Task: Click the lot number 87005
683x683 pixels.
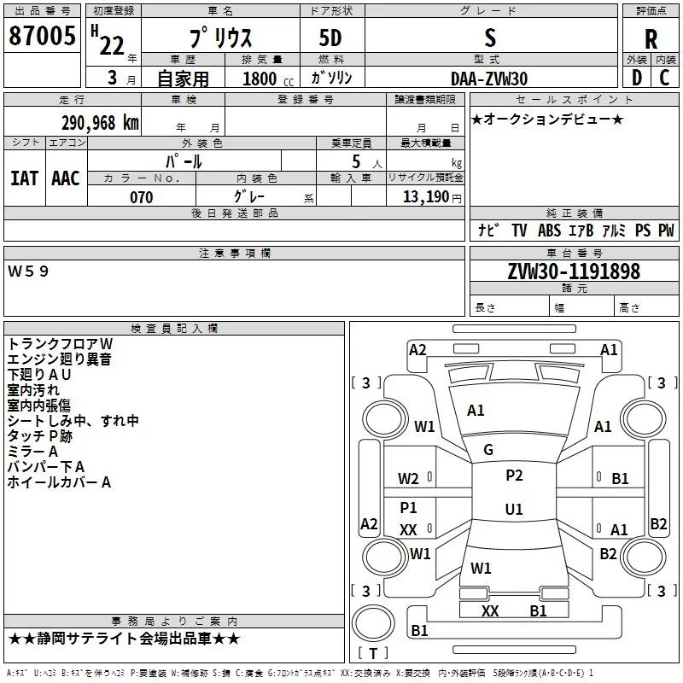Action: coord(42,36)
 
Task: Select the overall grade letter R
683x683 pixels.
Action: coord(651,39)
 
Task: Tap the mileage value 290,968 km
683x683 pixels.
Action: coord(100,123)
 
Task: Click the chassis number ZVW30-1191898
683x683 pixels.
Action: coord(574,271)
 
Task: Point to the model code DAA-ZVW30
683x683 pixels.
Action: coord(489,79)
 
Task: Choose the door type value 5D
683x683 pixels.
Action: coord(330,38)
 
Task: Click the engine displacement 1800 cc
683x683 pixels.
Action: coord(268,79)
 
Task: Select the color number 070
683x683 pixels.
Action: coord(142,197)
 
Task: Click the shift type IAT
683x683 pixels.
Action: coord(25,178)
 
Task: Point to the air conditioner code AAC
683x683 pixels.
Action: coord(66,178)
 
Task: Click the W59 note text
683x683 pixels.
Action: coord(28,271)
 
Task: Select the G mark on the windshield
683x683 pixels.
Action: coord(488,450)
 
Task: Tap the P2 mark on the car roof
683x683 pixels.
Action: coord(514,476)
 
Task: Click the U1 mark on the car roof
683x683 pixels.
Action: coord(514,509)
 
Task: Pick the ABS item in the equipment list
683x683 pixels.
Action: coord(549,231)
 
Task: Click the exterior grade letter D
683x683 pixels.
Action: coord(637,78)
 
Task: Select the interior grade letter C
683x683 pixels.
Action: coord(664,78)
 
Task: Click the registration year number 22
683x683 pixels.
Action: coord(112,46)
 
